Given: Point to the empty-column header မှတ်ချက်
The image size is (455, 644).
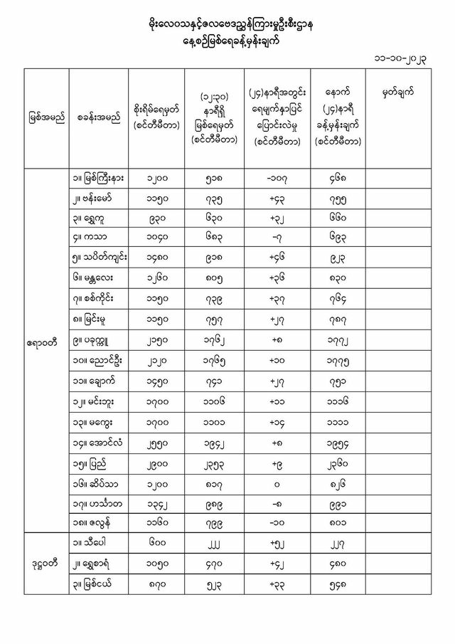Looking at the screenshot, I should click(x=397, y=93).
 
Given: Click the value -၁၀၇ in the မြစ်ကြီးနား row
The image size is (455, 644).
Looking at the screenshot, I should click(x=276, y=179).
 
